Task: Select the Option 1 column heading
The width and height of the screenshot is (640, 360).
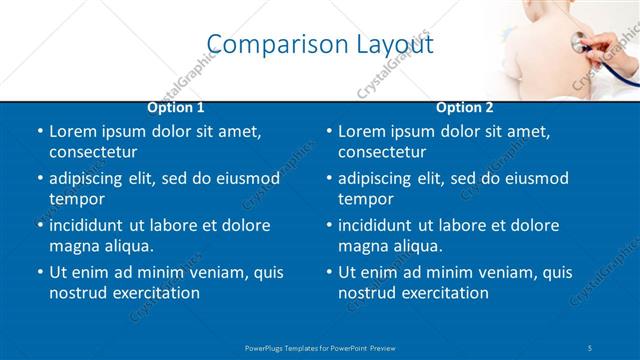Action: (176, 108)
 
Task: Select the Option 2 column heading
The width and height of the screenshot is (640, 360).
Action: (465, 108)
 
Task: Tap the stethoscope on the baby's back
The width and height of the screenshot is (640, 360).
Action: (578, 42)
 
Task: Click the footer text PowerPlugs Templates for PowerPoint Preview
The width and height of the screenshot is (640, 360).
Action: (320, 348)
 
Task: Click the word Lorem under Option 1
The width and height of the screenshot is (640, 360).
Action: (73, 131)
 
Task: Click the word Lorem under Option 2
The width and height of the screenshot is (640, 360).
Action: (362, 131)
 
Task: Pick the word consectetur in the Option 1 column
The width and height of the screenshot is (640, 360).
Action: (93, 152)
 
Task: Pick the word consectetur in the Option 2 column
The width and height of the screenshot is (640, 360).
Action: (382, 152)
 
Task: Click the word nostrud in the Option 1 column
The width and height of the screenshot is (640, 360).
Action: (76, 293)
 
